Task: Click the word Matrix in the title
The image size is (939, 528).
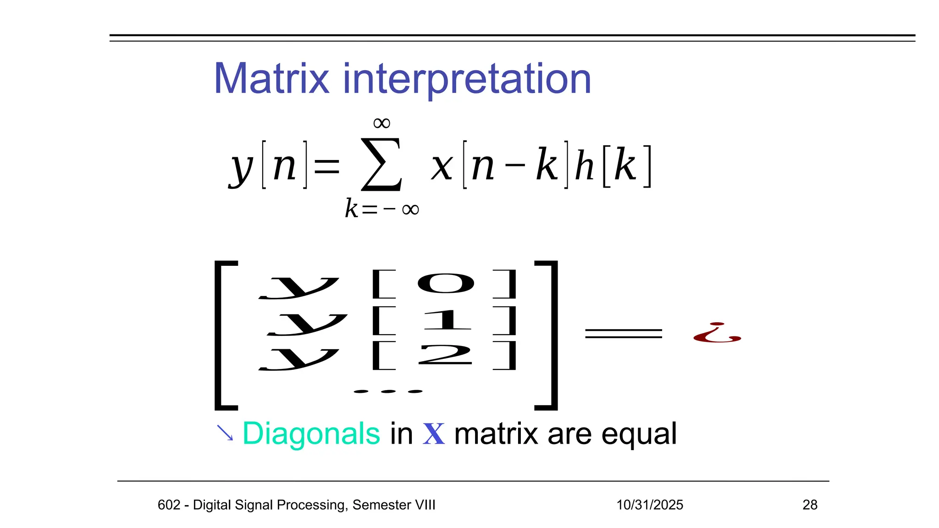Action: point(271,79)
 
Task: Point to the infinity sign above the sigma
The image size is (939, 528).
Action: point(381,123)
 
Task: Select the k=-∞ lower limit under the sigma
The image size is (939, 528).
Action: point(382,209)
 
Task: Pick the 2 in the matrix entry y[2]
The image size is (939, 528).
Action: point(445,355)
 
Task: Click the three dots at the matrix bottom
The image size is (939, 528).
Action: point(388,391)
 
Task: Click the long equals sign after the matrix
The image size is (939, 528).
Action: point(624,333)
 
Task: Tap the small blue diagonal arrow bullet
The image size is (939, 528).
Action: point(225,433)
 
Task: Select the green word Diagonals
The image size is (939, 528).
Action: point(311,434)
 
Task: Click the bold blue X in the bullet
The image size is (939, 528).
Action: point(433,434)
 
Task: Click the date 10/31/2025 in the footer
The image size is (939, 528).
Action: point(649,505)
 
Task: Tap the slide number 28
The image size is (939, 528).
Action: point(810,505)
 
